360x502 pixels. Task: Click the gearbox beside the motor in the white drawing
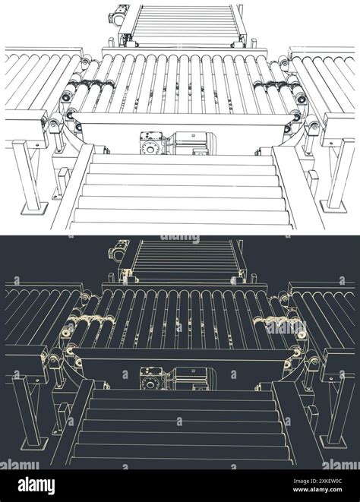[x=150, y=143]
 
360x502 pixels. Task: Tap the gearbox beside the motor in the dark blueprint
[x=150, y=377]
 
